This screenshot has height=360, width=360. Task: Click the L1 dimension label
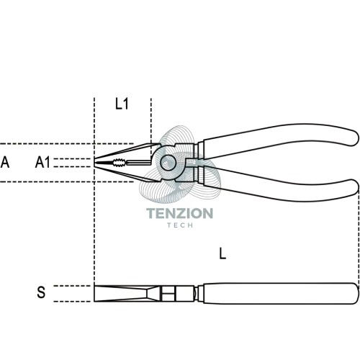pos(122,104)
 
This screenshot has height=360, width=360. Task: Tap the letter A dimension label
pos(5,162)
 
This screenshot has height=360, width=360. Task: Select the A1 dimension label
pos(42,162)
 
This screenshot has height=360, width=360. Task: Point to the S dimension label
pos(41,292)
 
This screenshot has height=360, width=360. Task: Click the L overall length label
pos(222,253)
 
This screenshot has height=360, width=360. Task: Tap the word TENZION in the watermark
pos(179,213)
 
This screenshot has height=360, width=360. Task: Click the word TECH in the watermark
pos(180,225)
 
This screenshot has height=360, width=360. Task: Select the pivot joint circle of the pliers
pos(168,163)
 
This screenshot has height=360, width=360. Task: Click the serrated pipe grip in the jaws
pos(119,163)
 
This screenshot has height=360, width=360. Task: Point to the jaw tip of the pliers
pos(94,163)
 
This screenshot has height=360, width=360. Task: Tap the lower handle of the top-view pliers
pos(279,185)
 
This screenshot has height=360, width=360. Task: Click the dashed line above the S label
pos(72,286)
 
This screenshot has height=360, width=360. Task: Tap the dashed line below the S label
pos(72,301)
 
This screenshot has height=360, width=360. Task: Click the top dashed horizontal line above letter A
pos(67,144)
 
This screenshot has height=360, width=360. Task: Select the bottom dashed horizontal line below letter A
pos(67,181)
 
